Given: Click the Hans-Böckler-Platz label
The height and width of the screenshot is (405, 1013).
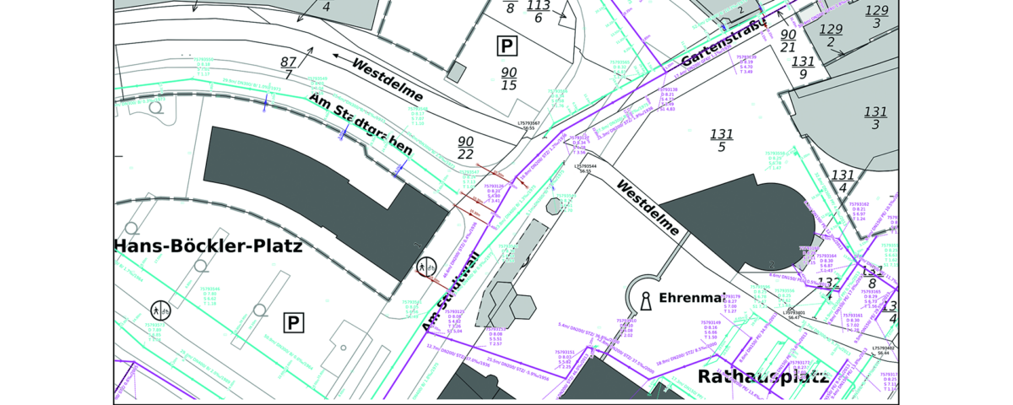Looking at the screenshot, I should (208, 246).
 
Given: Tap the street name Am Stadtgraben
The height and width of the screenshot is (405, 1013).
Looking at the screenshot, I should (360, 124).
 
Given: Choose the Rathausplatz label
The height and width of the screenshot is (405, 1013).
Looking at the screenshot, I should (762, 375).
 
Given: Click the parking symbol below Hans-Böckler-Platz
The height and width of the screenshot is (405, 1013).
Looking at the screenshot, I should (293, 321).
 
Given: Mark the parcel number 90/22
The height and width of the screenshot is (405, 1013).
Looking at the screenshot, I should (465, 148).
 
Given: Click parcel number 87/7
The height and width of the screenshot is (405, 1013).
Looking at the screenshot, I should (289, 68).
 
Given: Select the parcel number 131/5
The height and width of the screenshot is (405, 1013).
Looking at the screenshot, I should (721, 141).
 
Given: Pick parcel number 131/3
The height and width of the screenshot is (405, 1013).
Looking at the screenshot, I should (875, 117).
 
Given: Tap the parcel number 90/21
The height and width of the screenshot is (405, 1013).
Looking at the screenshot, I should (788, 40).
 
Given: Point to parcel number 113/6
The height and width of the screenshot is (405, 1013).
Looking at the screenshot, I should (538, 11).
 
